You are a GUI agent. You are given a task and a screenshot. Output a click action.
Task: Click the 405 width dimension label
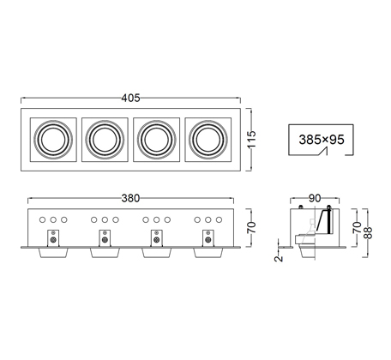tap(130, 98)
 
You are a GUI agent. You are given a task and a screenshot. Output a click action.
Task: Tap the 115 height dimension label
tap(252, 139)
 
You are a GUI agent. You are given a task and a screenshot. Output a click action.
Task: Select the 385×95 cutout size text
tap(322, 140)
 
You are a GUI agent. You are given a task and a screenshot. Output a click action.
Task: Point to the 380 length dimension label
tap(130, 198)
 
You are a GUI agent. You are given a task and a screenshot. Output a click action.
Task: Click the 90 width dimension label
tap(315, 198)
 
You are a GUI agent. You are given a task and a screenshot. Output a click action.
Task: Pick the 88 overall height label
tap(368, 232)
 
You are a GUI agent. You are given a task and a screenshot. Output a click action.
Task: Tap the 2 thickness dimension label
tap(279, 258)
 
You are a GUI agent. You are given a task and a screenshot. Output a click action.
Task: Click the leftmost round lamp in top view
tap(53, 140)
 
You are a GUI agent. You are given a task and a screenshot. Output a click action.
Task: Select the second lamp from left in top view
tap(105, 140)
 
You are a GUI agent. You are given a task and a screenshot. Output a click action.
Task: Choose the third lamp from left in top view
tap(156, 140)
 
